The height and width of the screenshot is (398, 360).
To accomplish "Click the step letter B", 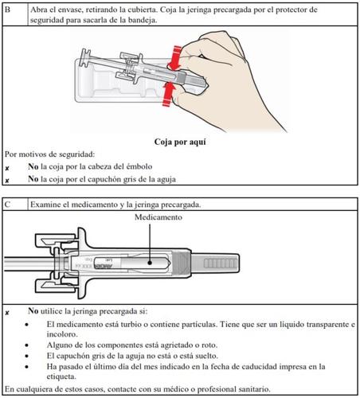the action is point(7,10).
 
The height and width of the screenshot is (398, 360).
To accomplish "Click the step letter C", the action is point(7,205).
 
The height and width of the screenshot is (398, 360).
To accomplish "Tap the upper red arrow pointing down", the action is point(174,58).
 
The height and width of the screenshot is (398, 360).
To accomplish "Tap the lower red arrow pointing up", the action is point(169,94).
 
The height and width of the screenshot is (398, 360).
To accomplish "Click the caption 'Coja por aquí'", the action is point(180,142).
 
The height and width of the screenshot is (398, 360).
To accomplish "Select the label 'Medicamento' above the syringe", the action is point(158,217).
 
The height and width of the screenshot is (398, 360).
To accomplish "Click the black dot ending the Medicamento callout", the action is point(150,263).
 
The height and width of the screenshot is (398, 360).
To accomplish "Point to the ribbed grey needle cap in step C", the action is point(215,263).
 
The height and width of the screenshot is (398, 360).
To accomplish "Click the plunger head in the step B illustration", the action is point(84,58).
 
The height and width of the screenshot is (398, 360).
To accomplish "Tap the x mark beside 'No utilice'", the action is point(7,313).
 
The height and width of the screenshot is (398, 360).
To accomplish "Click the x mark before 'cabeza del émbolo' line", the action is point(7,168).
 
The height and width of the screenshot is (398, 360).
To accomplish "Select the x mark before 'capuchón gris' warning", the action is point(7,181).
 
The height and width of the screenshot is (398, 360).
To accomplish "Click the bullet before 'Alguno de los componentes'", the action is point(26,345).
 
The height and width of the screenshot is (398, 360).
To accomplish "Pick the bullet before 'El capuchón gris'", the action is point(26,356).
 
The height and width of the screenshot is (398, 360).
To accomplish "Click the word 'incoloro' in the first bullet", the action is point(61,334).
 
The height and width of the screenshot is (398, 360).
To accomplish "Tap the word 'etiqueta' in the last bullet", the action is point(61,377).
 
